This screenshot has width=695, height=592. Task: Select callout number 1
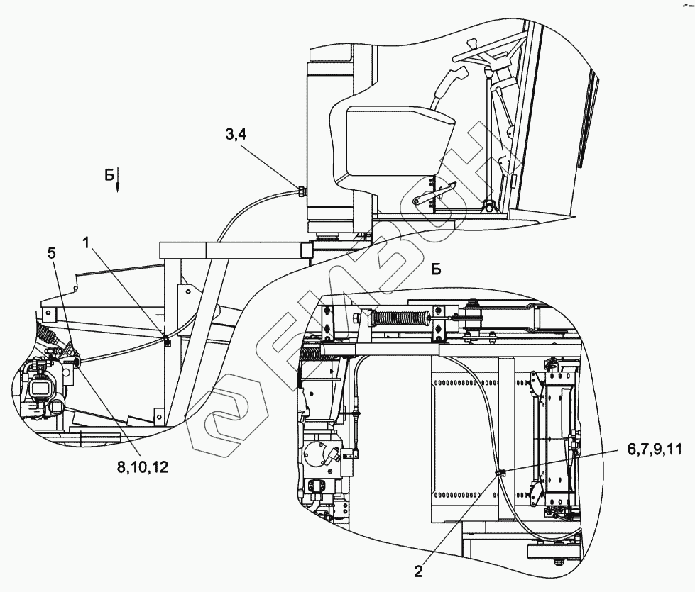pos(85,242)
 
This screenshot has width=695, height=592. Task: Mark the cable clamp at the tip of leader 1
pos(166,342)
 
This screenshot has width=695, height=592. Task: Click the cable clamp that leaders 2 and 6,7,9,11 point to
pos(500,472)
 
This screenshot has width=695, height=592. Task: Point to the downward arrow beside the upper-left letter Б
pos(118,181)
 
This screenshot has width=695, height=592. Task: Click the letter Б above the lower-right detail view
pos(437,269)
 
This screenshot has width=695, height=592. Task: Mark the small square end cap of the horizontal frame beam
pos(307,250)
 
